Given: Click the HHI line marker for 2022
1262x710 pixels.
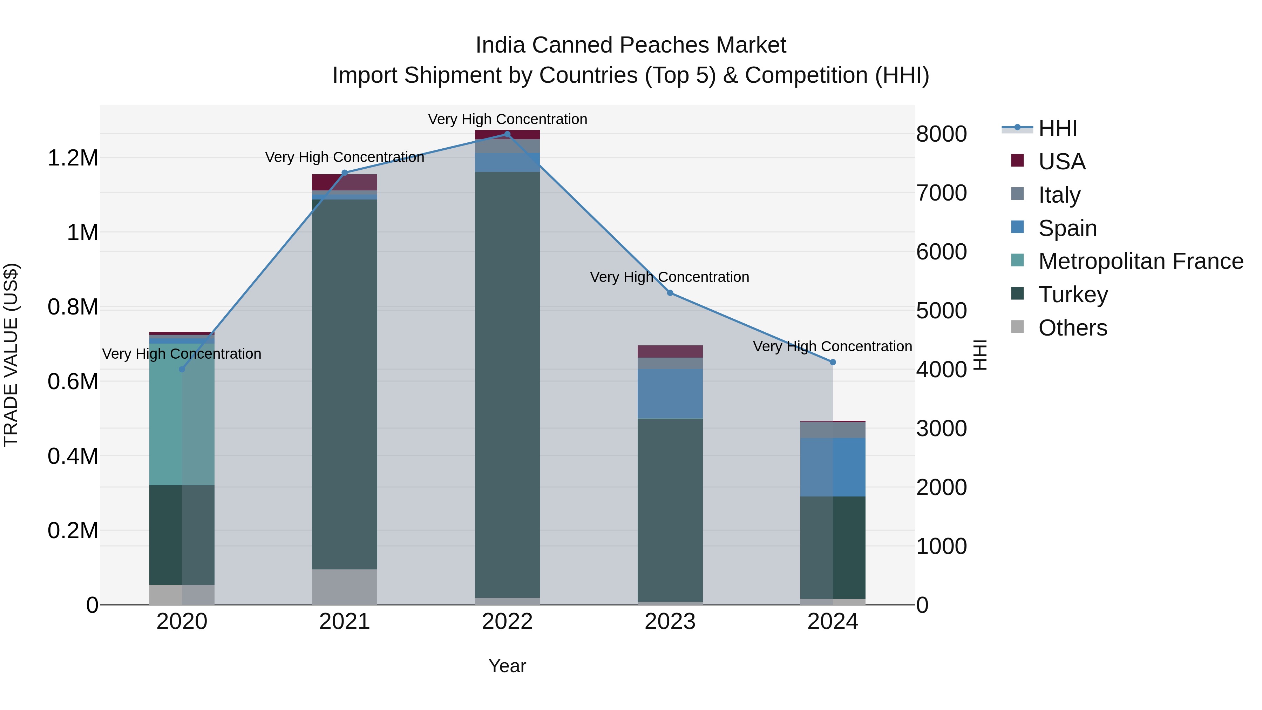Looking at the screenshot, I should point(507,134).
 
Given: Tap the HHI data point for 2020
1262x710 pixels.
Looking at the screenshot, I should point(182,369).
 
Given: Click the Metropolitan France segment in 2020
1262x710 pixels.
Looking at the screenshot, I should point(182,414).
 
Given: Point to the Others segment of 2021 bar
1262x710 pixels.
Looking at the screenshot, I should point(344,587).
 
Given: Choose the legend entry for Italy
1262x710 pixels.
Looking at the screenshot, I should point(1059,195).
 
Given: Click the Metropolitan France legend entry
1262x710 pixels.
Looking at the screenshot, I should point(1140,261).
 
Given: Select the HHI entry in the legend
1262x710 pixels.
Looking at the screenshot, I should point(1057,128).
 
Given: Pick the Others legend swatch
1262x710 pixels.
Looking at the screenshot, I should point(1018,327).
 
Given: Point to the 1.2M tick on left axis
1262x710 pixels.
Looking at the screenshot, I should point(73,158).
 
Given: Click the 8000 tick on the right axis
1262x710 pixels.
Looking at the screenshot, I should point(941,134).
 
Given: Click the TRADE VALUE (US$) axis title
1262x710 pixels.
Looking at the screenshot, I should point(11,355).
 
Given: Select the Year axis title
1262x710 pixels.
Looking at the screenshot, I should point(507,666).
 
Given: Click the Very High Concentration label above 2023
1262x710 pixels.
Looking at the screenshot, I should point(669,277).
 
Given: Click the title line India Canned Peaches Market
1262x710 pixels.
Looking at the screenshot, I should point(631,45).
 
